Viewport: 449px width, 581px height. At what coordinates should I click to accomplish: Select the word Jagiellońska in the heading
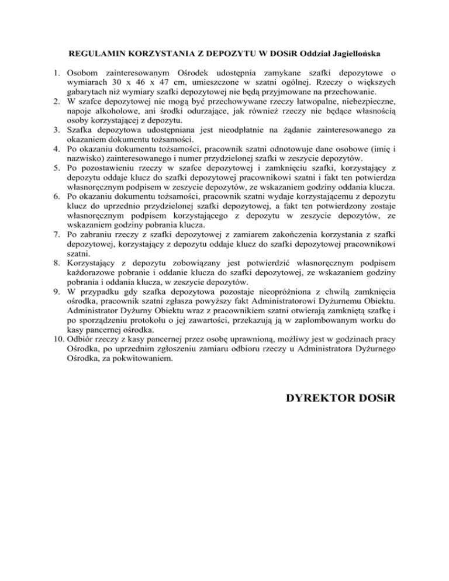(353, 54)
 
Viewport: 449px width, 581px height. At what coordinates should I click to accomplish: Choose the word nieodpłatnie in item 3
(215, 130)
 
